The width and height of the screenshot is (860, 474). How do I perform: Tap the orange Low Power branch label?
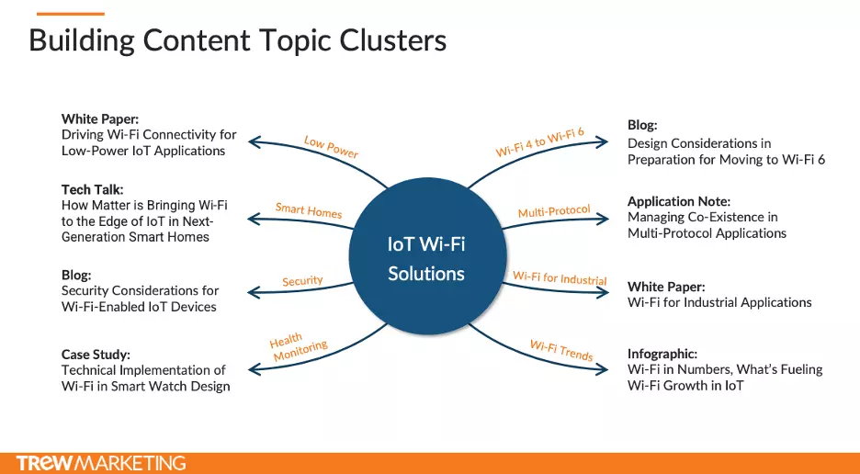click(332, 147)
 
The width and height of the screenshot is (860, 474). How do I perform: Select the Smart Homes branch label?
click(309, 210)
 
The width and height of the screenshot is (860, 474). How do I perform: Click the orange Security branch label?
click(303, 281)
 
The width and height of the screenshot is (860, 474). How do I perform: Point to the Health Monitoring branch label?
click(298, 346)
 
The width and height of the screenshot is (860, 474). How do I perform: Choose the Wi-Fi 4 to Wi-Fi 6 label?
click(540, 142)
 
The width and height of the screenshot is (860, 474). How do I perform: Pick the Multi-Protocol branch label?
click(555, 210)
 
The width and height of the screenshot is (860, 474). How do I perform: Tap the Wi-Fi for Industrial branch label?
click(560, 277)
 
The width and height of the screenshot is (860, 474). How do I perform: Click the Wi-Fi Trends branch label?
click(561, 350)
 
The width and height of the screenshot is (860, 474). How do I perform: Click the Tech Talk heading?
click(92, 190)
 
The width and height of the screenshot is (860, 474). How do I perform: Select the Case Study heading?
click(96, 355)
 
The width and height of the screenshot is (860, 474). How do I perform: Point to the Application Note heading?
click(679, 201)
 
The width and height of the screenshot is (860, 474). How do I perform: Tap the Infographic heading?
click(662, 354)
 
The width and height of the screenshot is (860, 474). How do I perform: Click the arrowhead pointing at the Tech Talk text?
click(253, 219)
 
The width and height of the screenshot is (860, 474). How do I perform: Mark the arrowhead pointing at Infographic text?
click(603, 369)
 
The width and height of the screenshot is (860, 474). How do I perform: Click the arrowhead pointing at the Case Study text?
click(254, 369)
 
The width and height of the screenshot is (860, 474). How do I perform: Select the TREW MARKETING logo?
click(101, 463)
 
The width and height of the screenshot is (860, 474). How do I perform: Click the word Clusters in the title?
click(392, 40)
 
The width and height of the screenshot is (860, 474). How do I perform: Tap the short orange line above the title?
click(70, 14)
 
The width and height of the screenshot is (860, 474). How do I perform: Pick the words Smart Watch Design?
click(171, 386)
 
